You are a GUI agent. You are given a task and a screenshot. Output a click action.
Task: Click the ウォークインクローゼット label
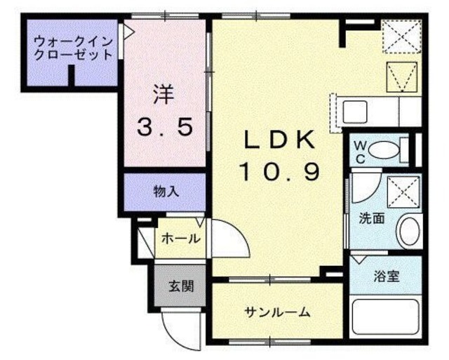click(x=74, y=48)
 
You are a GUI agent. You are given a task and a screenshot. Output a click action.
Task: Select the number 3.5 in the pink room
click(x=164, y=128)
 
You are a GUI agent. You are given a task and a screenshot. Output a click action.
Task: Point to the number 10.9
click(x=278, y=171)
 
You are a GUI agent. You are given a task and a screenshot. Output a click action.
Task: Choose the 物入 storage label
click(x=166, y=192)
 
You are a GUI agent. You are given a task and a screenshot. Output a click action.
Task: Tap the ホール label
click(x=180, y=239)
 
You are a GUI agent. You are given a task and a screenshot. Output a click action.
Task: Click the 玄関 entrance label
click(x=180, y=286)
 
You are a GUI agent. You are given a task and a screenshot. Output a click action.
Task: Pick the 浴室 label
click(x=387, y=276)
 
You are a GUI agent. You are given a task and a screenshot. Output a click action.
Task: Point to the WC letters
click(x=358, y=150)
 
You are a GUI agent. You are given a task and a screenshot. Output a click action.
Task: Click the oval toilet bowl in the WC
click(x=382, y=149)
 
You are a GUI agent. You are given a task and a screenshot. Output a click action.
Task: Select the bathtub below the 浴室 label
click(x=385, y=319)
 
